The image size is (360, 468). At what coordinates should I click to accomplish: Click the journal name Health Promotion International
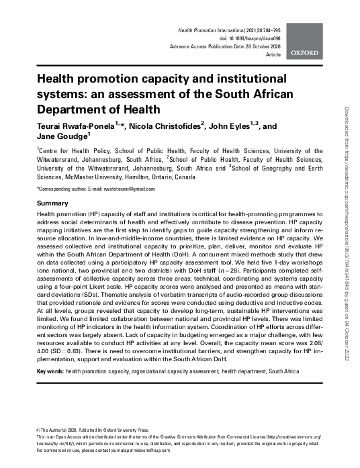(212, 32)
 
